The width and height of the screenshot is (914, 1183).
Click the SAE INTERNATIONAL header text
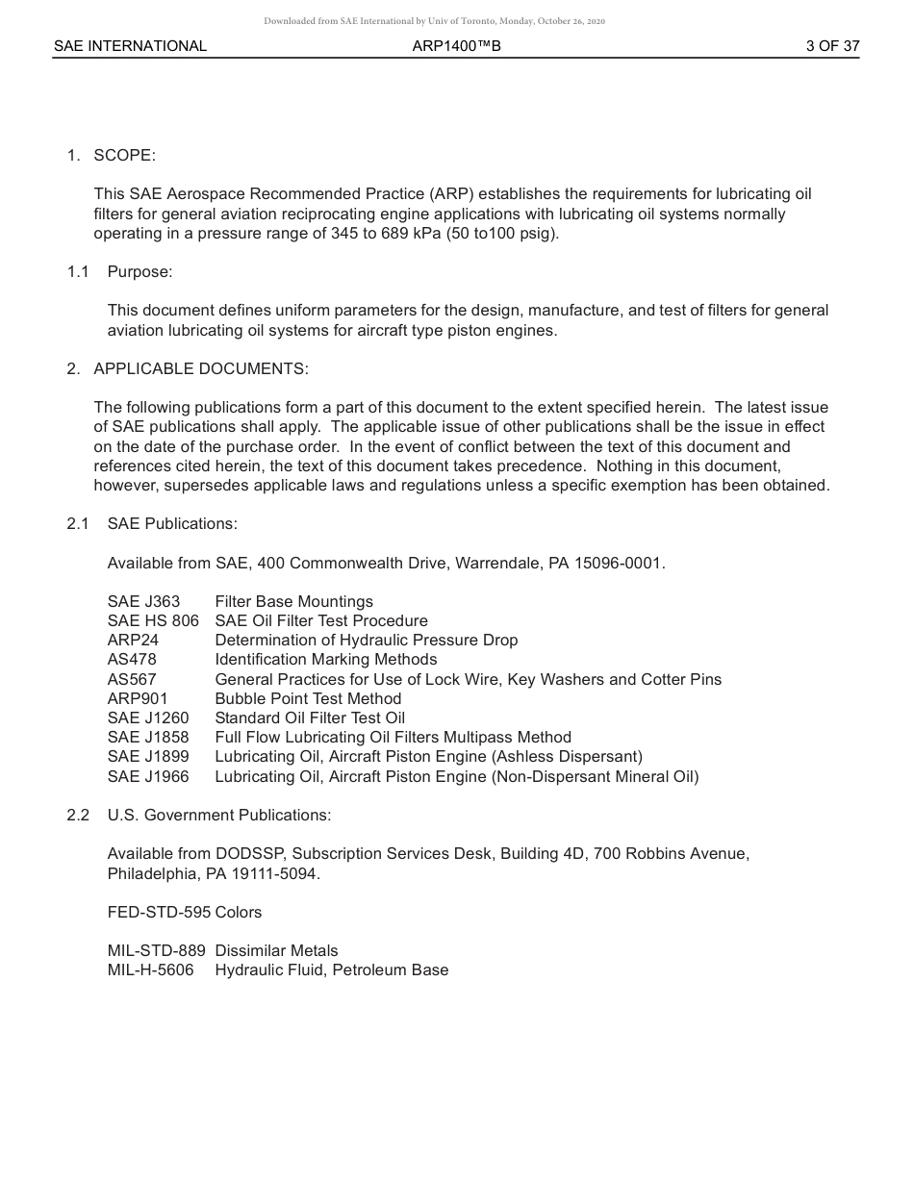point(130,46)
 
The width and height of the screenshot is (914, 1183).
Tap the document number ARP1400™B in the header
point(456,46)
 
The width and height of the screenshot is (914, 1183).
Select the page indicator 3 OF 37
point(832,46)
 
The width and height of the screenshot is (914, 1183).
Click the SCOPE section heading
point(124,156)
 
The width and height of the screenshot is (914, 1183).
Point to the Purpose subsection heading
point(140,272)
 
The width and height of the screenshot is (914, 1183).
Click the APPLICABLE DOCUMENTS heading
point(201,369)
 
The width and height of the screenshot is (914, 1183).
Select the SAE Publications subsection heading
point(172,524)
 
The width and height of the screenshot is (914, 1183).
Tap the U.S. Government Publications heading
point(219,816)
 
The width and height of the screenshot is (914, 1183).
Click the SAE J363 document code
point(143,602)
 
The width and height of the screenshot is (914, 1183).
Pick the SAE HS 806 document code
point(153,621)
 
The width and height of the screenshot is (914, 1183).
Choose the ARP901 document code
point(137,699)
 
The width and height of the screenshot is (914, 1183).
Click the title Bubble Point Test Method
point(308,699)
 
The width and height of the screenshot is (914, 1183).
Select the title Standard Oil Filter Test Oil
point(310,718)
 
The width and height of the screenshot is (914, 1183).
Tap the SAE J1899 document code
point(148,757)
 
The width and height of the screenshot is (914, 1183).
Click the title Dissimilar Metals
point(276,951)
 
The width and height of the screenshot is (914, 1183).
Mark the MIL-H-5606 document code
point(150,970)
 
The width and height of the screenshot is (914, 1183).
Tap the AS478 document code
point(132,660)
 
